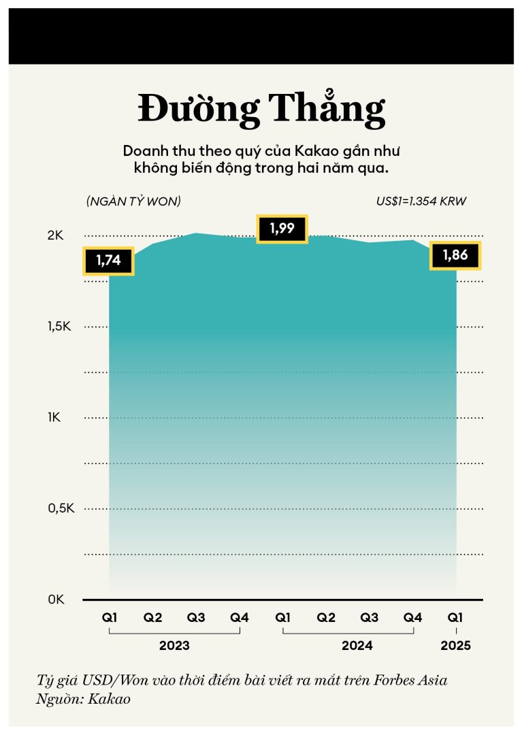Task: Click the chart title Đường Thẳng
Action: click(261, 109)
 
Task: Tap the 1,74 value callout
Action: click(108, 261)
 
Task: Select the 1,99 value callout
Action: click(282, 229)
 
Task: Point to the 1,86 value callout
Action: click(455, 256)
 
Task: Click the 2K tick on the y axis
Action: click(55, 235)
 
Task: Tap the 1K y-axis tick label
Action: click(55, 417)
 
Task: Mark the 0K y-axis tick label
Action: click(55, 600)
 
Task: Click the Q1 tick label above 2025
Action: click(455, 618)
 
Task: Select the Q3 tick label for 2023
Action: click(196, 618)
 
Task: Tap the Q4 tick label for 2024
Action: click(412, 618)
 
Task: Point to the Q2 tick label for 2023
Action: click(152, 618)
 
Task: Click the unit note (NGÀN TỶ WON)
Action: click(133, 201)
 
